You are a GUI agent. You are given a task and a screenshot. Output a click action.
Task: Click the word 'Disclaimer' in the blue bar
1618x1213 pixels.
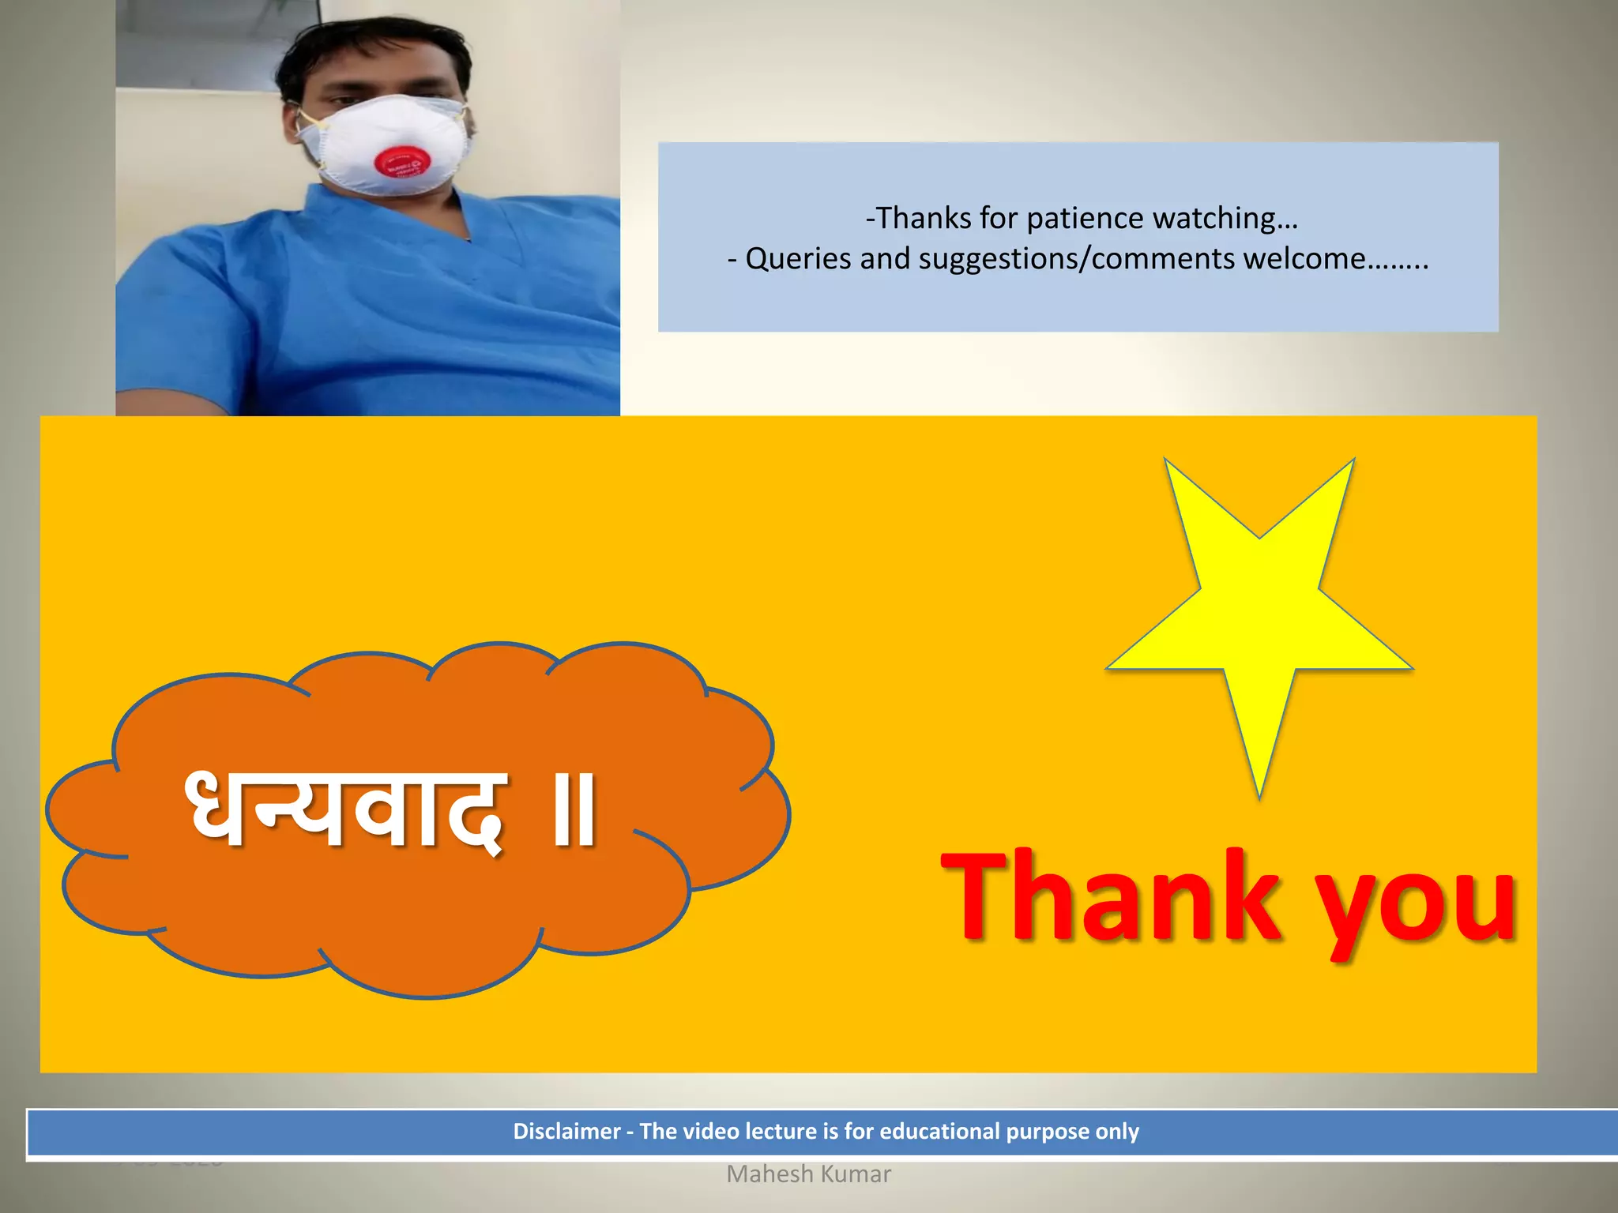pos(566,1132)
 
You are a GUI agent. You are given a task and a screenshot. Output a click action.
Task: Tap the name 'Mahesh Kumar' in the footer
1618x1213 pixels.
pos(808,1174)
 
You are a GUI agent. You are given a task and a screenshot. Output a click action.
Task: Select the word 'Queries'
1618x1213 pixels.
pos(798,259)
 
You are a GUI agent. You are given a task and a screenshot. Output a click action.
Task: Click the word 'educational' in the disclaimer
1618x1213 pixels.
pos(939,1132)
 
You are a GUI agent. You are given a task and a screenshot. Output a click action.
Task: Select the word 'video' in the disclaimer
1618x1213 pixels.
pos(711,1132)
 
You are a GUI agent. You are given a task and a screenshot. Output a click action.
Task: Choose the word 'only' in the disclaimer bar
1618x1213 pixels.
pos(1117,1132)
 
